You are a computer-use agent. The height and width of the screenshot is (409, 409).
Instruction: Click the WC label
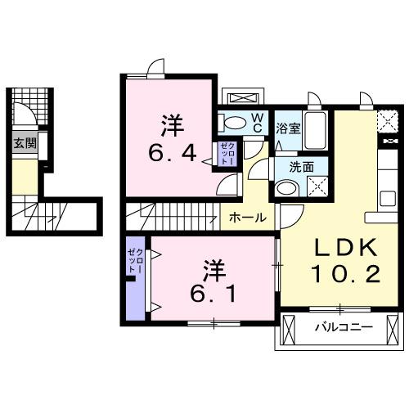pyautogui.click(x=256, y=123)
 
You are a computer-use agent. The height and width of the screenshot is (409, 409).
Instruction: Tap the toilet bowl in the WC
pyautogui.click(x=235, y=124)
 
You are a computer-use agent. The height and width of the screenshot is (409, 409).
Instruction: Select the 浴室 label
pyautogui.click(x=287, y=128)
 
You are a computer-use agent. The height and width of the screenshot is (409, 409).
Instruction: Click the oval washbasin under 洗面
pyautogui.click(x=286, y=188)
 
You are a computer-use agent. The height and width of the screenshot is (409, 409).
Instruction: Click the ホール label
pyautogui.click(x=246, y=218)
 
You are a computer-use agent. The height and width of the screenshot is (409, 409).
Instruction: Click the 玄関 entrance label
pyautogui.click(x=24, y=143)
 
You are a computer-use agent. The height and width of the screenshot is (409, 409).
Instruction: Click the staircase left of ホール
pyautogui.click(x=172, y=218)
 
